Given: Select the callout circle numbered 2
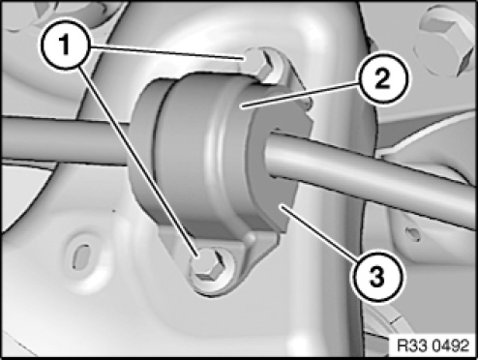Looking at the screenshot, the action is point(383,78).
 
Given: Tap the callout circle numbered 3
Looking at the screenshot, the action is point(376,278).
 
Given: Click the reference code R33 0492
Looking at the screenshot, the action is point(433,345).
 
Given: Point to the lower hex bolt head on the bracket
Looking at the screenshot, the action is point(208,266).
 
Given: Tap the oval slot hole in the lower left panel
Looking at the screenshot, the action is point(80,256).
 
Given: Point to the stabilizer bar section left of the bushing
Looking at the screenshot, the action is point(66,140).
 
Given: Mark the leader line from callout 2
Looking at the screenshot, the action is point(301,95).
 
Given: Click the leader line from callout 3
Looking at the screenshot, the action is point(318,231).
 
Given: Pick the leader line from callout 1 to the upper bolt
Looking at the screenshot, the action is point(165,53).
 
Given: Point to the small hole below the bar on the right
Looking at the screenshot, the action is point(413,233).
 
